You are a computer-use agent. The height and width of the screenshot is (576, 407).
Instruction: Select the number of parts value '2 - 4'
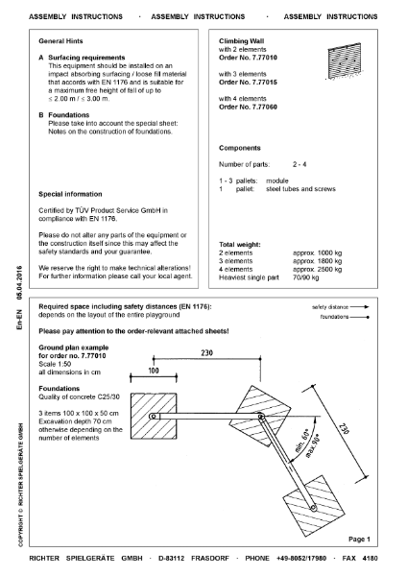click(300, 168)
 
